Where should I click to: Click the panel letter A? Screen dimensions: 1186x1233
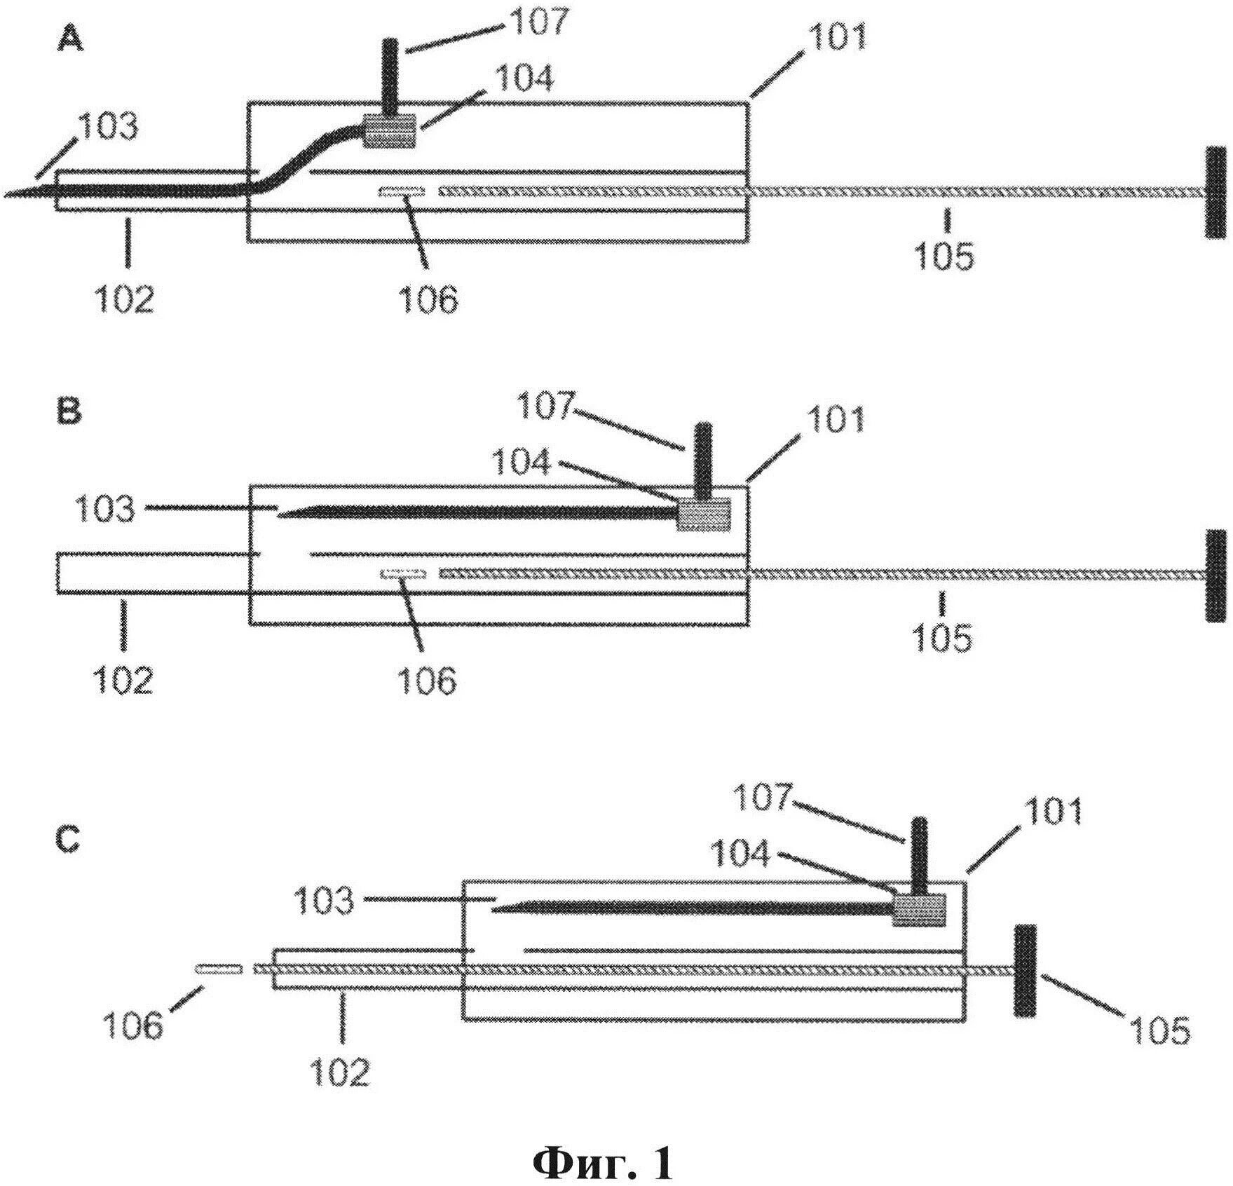70,42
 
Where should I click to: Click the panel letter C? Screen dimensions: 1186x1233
69,840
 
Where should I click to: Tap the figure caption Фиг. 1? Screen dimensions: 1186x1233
603,1145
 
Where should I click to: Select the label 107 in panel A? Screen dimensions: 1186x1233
536,23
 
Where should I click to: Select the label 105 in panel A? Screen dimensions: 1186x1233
944,256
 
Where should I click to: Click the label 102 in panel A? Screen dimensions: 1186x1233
125,299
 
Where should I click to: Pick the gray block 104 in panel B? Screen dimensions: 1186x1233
703,514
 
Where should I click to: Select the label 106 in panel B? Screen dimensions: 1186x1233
427,679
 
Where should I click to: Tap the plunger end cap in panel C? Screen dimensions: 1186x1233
1024,970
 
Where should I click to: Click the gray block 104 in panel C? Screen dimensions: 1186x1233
918,909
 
